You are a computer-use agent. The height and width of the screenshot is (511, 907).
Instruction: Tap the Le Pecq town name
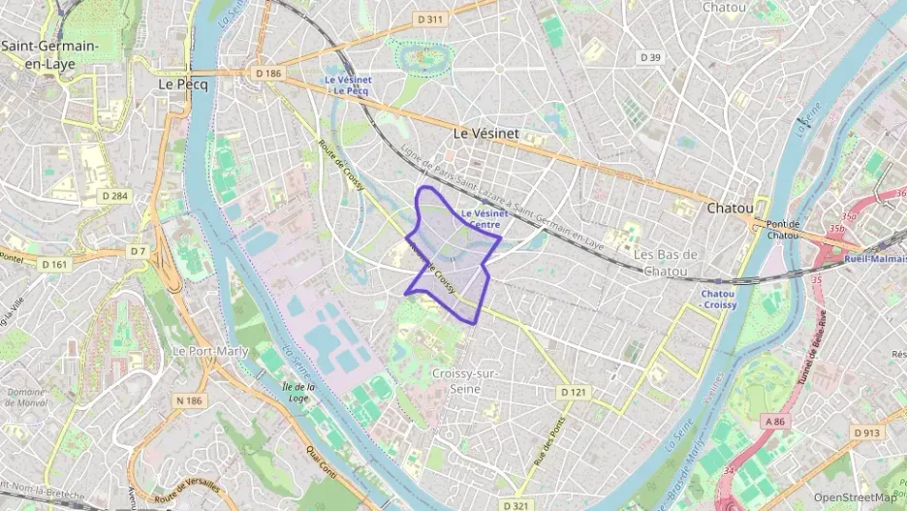click(183, 84)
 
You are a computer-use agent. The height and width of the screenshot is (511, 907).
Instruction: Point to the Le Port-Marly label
click(209, 351)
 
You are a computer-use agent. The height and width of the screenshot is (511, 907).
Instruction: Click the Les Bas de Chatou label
click(665, 262)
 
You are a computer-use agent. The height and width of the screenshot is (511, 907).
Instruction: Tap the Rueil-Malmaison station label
click(874, 260)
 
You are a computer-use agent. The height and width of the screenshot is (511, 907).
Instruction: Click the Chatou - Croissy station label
click(718, 299)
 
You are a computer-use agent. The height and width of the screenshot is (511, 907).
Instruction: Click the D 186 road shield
click(267, 73)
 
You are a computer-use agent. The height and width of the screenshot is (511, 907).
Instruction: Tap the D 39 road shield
click(650, 58)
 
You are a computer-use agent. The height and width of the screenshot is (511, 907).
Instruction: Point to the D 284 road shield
click(114, 197)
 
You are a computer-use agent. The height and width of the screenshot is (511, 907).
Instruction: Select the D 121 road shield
click(574, 392)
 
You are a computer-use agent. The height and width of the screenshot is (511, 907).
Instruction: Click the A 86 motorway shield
click(774, 422)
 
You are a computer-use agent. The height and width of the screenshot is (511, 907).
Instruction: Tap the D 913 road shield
click(867, 432)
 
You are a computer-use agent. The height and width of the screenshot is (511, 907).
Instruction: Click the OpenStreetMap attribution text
click(855, 498)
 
